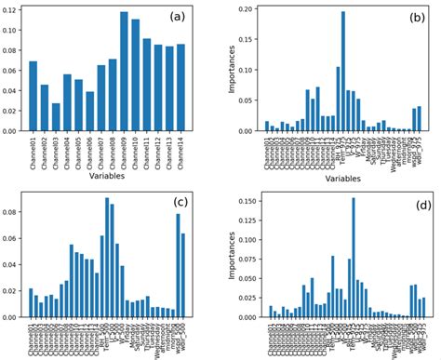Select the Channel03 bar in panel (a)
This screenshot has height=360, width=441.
pos(56,117)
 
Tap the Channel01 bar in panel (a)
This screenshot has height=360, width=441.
pos(33,97)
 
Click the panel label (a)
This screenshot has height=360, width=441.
pos(177,17)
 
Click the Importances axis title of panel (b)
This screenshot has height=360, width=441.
pos(230,69)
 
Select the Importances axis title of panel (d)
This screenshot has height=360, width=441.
pos(227,255)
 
